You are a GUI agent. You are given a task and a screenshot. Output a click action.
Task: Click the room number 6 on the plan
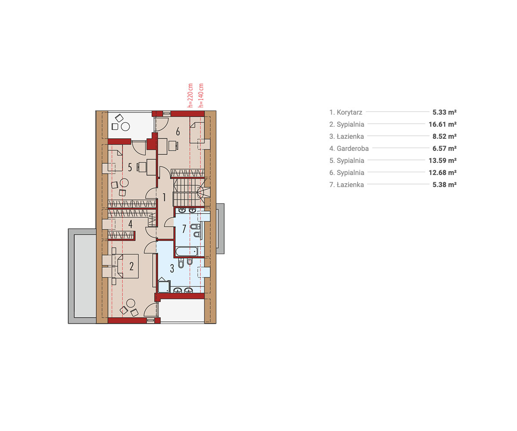point(178,131)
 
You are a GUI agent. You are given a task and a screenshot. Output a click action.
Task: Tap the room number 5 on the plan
point(130,168)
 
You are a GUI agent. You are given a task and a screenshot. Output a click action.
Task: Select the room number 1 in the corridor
point(164,197)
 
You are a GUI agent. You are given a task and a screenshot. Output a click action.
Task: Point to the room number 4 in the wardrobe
point(130,224)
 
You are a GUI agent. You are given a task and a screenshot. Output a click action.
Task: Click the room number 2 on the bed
point(131,266)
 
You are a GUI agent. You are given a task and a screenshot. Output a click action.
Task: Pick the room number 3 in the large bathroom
point(172,269)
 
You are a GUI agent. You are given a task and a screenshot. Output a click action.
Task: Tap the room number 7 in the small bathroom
point(184,229)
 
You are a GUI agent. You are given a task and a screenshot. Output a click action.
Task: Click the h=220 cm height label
point(190,95)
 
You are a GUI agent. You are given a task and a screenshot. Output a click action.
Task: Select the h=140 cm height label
point(201,95)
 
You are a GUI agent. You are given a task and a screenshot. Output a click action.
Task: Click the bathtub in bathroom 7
point(187,252)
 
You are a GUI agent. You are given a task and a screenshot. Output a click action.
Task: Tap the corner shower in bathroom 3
point(164,286)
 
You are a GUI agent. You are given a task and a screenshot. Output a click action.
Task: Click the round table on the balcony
point(125,127)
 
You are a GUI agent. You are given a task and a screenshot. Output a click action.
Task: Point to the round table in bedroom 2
point(131,303)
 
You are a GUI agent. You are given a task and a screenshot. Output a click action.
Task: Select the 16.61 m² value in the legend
point(442,124)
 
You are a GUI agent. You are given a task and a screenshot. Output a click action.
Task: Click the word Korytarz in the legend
point(349,112)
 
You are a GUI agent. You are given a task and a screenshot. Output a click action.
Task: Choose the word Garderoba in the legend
point(352,148)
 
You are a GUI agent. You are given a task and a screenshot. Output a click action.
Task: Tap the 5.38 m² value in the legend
point(445,184)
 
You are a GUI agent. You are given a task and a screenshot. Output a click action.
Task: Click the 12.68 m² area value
point(442,172)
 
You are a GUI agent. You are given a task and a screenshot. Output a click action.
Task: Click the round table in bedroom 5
point(124,183)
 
